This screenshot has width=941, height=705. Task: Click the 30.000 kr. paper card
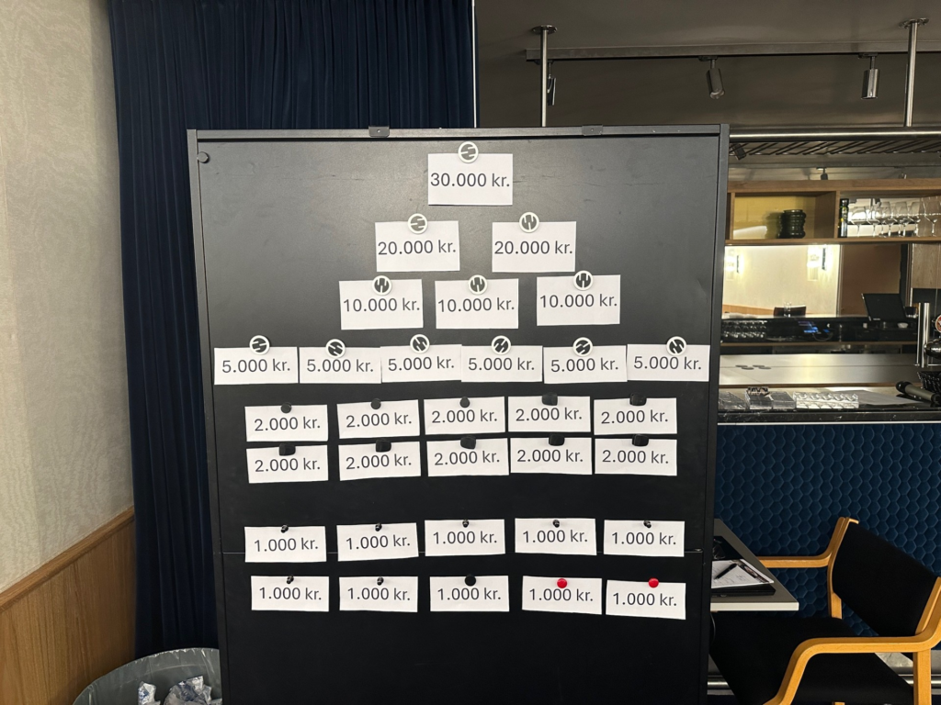click(x=470, y=179)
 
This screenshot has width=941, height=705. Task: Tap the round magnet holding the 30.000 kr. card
click(x=468, y=151)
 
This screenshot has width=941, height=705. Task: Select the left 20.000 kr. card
click(x=417, y=246)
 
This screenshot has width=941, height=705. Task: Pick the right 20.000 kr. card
click(x=534, y=246)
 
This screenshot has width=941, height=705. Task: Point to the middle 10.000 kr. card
click(x=477, y=303)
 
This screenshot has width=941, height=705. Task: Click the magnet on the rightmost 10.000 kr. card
click(x=583, y=280)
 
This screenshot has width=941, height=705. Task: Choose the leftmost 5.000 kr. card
click(x=255, y=365)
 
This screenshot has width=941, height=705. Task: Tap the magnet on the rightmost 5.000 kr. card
click(x=676, y=346)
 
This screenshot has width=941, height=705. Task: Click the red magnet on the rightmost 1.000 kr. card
click(x=653, y=582)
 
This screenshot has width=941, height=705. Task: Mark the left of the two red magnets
click(x=561, y=583)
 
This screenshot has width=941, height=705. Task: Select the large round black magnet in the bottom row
click(x=470, y=580)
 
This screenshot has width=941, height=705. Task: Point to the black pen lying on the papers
click(x=727, y=571)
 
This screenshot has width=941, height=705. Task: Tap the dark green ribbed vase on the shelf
click(x=793, y=224)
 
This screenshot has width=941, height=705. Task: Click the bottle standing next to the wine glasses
click(x=844, y=218)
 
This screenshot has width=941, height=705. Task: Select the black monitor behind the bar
click(x=884, y=307)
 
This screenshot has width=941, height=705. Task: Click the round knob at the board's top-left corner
click(x=203, y=158)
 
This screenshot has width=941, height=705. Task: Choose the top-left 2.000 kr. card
click(x=287, y=422)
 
